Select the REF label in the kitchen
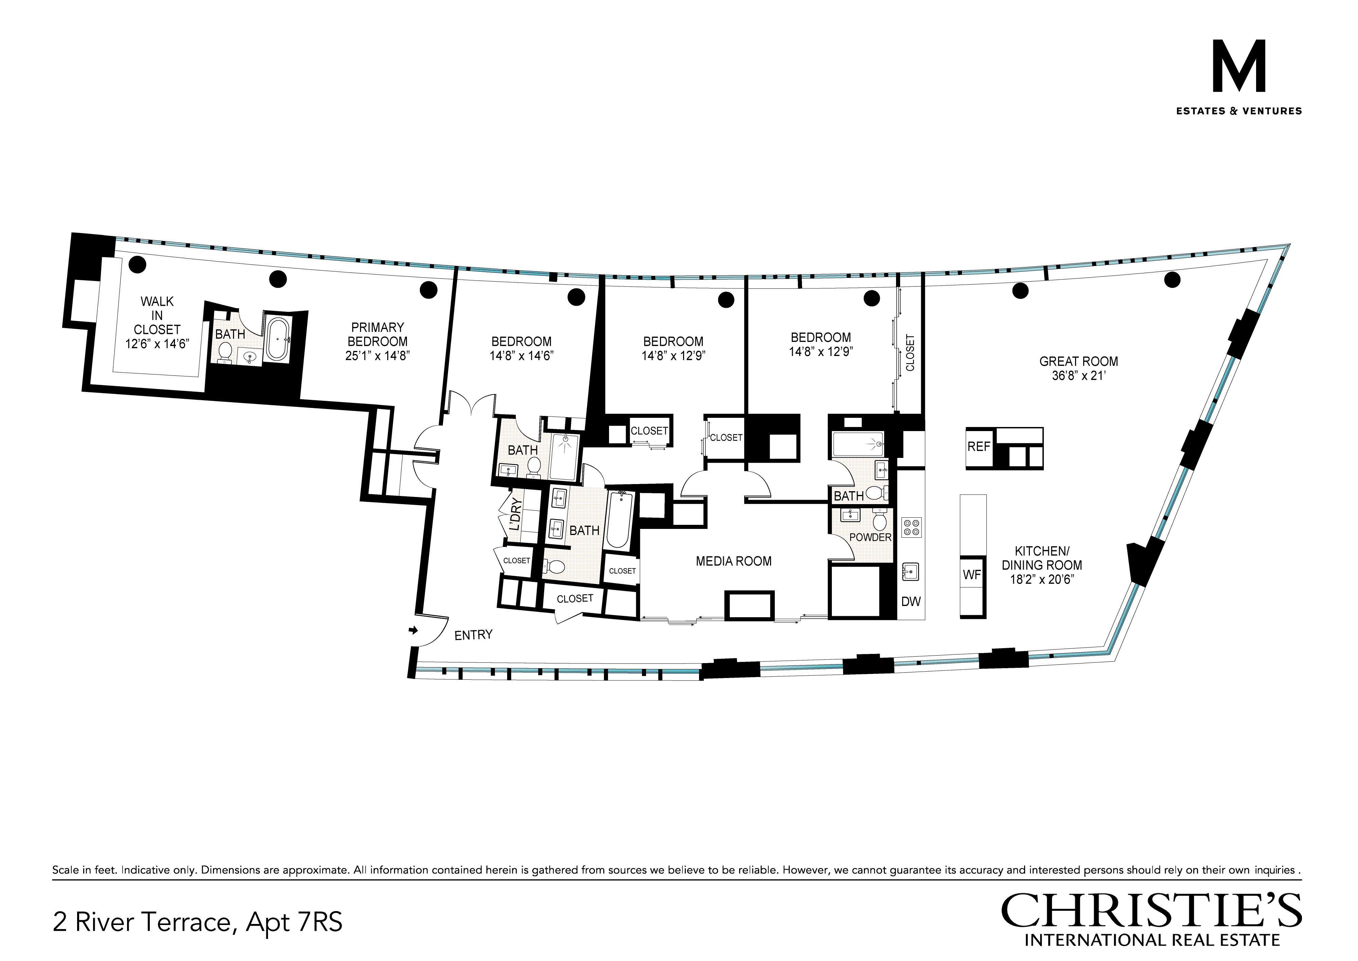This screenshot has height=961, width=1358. (979, 446)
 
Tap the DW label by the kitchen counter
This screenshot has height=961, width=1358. (911, 602)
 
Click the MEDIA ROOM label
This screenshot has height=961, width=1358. (734, 561)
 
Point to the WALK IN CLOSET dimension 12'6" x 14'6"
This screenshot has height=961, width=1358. (157, 344)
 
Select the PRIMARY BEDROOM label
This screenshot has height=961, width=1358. (377, 334)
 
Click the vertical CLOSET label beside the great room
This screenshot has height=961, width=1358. (910, 353)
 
